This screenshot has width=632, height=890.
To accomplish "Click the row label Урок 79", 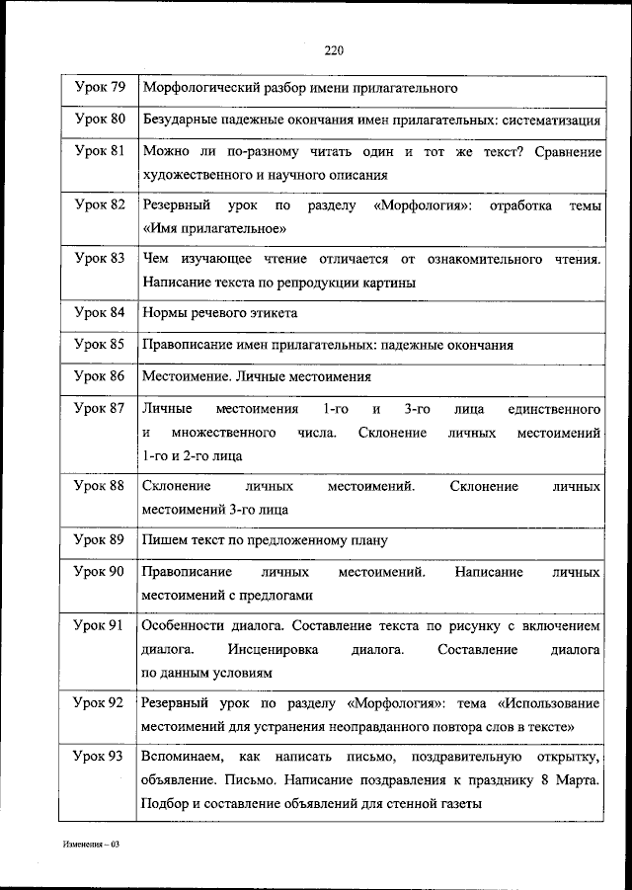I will click(100, 88).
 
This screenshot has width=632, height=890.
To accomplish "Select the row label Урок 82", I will click(100, 204).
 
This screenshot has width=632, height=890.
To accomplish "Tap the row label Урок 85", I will click(100, 345).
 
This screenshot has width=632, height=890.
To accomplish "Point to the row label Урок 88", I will click(100, 486).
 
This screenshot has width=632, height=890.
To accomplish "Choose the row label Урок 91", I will click(100, 626).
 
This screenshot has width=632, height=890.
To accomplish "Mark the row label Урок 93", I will click(100, 757).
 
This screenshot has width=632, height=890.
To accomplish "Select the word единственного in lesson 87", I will click(554, 408).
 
